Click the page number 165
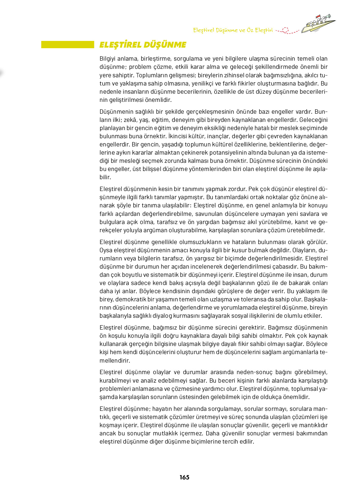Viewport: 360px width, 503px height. pyautogui.click(x=184, y=477)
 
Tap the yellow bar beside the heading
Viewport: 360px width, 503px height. pyautogui.click(x=68, y=45)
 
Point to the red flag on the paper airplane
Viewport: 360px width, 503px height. pyautogui.click(x=318, y=17)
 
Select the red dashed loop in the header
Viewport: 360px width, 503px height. pyautogui.click(x=285, y=30)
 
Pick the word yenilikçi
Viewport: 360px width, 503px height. pyautogui.click(x=199, y=83)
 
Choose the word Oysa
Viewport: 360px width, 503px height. pyautogui.click(x=106, y=250)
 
